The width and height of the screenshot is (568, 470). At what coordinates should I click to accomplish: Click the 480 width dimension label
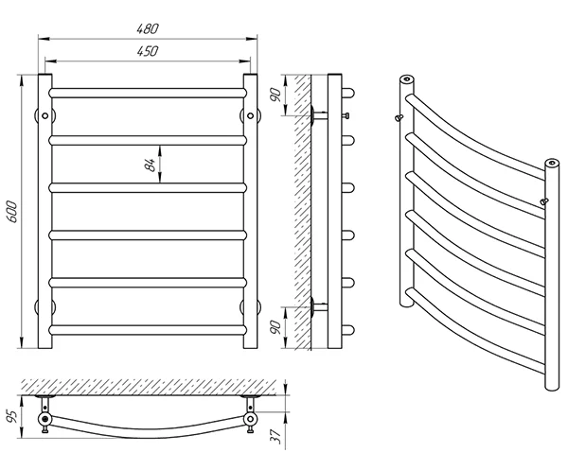148,29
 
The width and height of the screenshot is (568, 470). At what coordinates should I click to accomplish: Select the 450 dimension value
148,51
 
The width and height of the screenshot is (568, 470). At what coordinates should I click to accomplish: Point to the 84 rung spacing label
151,165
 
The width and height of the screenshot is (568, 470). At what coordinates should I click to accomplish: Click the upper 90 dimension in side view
276,95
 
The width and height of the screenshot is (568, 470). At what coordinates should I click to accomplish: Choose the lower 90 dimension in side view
276,327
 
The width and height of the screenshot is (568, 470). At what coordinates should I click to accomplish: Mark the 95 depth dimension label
11,417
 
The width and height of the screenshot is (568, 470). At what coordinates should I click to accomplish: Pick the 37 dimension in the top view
276,437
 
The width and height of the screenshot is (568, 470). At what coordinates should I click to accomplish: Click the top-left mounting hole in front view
44,115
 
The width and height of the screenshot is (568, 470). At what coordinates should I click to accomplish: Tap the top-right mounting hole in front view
250,115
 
